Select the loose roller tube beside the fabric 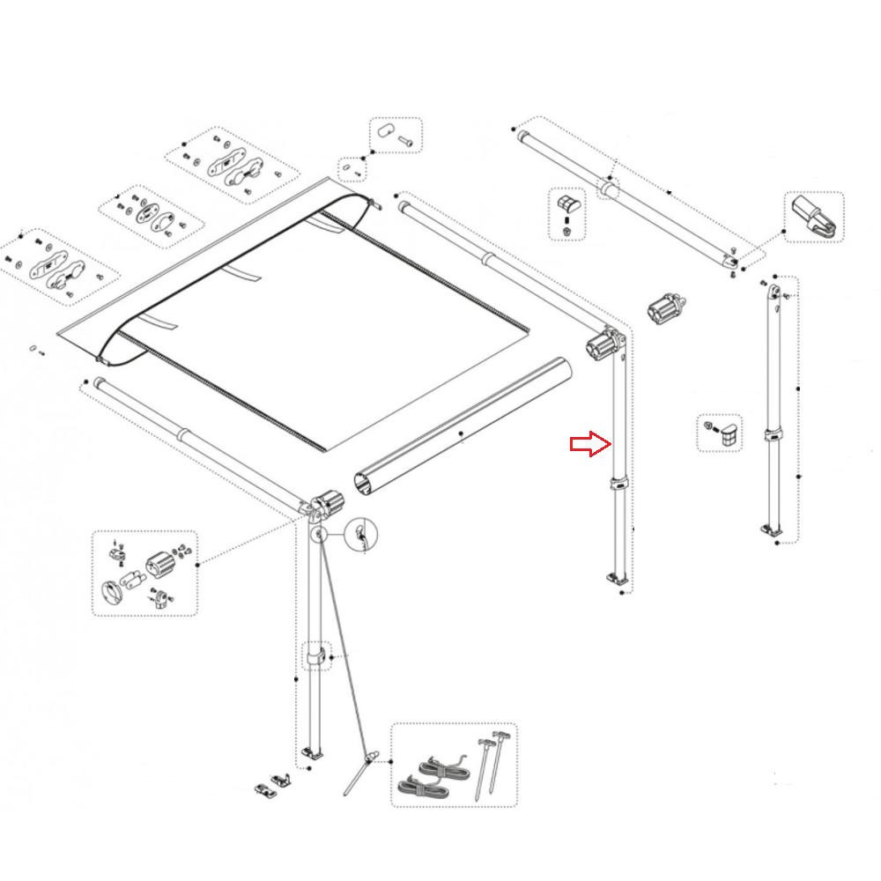point(463,428)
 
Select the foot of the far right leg point(772,529)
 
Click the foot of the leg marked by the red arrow point(618,579)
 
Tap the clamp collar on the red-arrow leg point(619,484)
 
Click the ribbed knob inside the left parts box point(160,564)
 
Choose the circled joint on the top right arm point(608,189)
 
